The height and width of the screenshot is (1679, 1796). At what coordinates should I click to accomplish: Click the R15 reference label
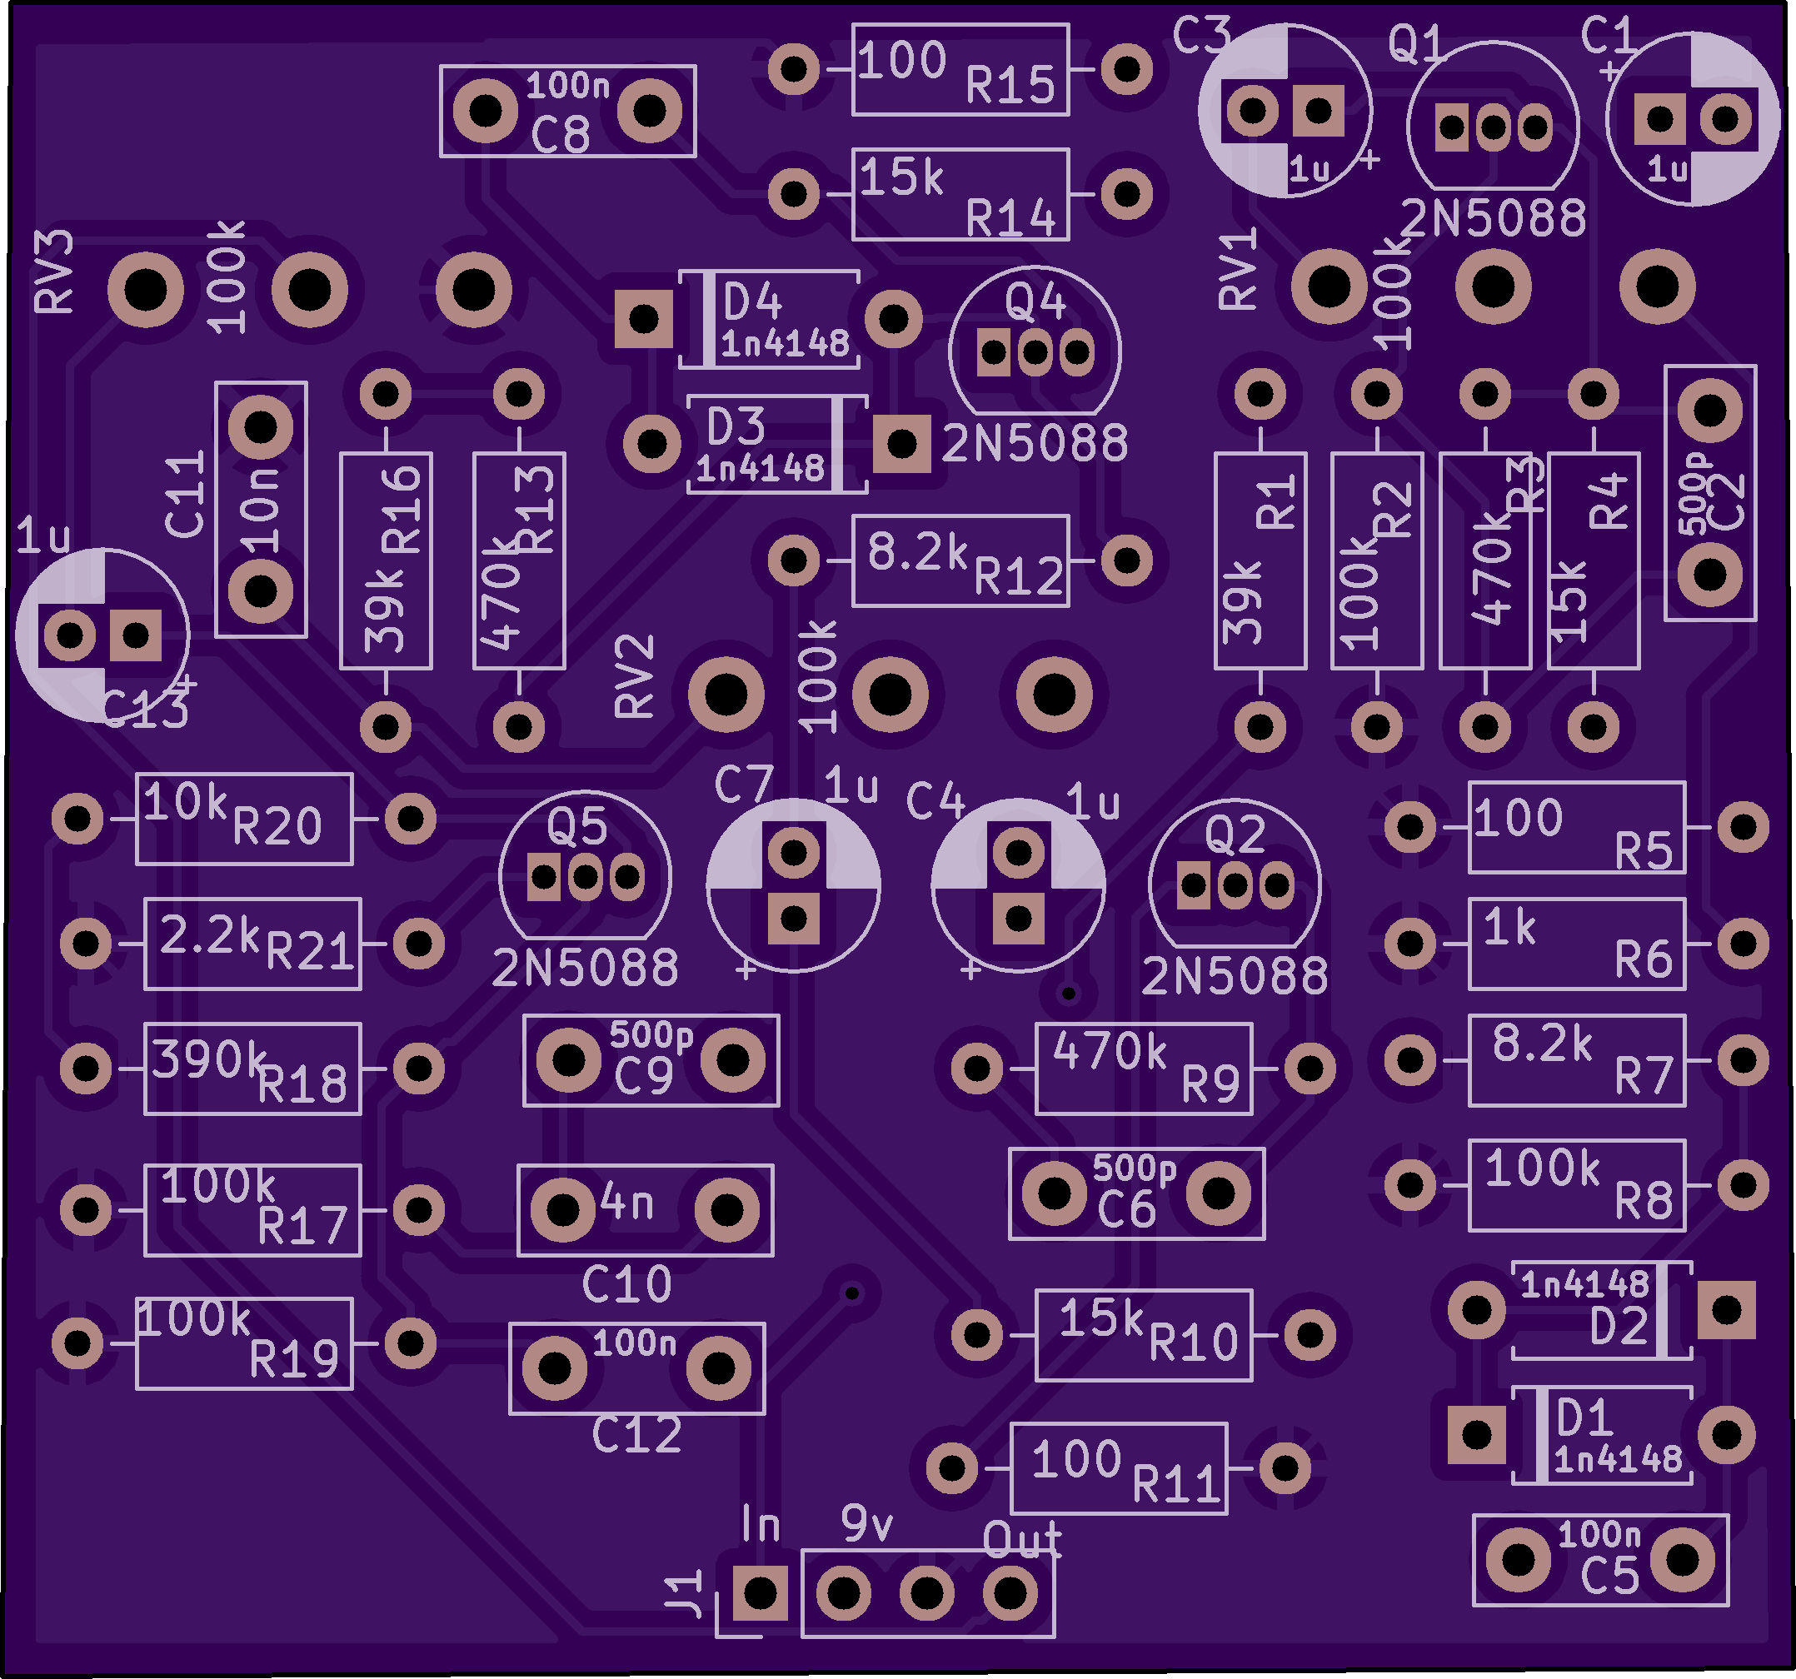[1009, 86]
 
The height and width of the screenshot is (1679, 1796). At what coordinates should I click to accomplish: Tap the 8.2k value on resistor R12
[916, 552]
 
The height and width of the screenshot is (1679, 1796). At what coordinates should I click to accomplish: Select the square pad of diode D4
[643, 319]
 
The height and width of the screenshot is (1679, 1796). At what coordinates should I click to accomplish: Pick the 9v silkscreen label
[866, 1525]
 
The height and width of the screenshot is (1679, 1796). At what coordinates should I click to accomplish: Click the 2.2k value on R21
[210, 934]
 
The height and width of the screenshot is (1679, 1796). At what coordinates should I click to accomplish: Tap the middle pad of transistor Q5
[585, 876]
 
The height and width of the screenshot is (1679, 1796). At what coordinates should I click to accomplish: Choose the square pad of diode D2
[1725, 1309]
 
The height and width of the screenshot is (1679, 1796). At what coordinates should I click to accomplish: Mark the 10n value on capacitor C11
[259, 511]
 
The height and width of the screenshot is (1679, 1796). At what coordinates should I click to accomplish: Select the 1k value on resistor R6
[1509, 927]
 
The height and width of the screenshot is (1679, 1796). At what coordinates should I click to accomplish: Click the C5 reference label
[1609, 1577]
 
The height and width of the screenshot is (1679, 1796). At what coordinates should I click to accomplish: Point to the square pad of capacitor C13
[136, 635]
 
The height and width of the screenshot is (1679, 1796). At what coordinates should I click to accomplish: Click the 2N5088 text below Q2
[1234, 976]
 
